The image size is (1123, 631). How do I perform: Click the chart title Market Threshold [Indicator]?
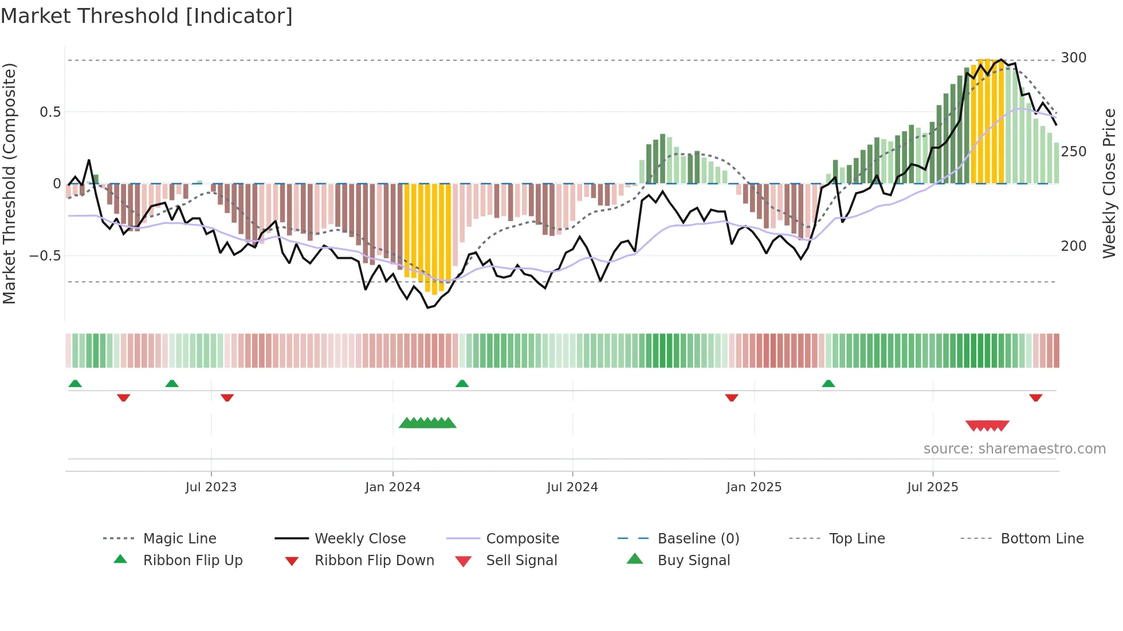coord(147,16)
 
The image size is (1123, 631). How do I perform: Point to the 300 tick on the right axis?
coord(1073,58)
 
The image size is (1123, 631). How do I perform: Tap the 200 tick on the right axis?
coord(1073,246)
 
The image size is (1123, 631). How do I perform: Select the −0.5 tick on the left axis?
coord(45,255)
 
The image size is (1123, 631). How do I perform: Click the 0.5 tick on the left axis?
coord(50,112)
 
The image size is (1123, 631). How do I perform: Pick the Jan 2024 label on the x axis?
coord(392,487)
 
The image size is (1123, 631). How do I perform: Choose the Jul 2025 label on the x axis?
coord(932,487)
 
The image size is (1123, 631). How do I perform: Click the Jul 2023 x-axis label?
coord(211,487)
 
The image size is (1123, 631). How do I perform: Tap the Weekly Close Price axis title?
coord(1109,183)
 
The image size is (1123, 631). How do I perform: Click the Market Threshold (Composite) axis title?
coord(9,183)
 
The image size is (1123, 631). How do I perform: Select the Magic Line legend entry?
coord(179,539)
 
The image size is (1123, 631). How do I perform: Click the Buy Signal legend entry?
coord(693,561)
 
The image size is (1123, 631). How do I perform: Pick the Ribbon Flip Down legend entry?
coord(374,561)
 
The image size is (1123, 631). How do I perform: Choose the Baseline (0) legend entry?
coord(698,539)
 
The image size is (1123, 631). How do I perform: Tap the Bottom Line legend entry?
coord(1042,539)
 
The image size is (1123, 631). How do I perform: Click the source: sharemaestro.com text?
coord(1014,449)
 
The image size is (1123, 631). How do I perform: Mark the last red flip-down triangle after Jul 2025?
coord(1035,398)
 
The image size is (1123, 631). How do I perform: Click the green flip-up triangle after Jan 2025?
coord(828,384)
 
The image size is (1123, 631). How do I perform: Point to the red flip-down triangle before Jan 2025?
coord(731,398)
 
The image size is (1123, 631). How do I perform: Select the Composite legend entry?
coord(522,539)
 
